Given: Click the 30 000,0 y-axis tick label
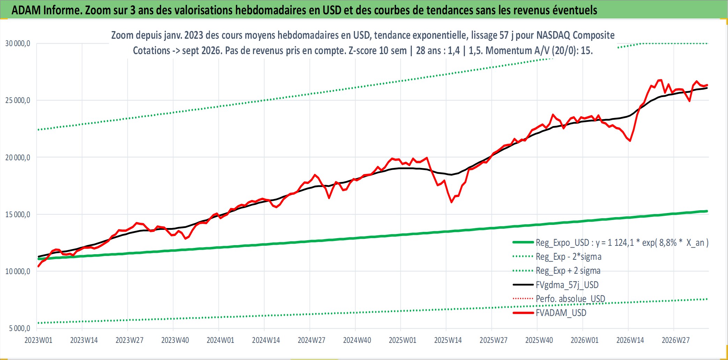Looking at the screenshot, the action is (17, 43).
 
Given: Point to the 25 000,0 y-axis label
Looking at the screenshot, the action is (17, 100).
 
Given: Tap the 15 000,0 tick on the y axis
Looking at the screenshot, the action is (17, 214).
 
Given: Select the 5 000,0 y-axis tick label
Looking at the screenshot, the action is (20, 328).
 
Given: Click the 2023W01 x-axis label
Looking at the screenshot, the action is (38, 340).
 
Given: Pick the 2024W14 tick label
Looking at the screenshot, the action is (266, 340).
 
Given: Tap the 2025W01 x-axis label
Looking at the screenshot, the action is (402, 340).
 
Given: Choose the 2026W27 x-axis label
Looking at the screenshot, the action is (676, 340).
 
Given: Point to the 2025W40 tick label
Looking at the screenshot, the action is (539, 340).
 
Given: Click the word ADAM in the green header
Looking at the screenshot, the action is (27, 10).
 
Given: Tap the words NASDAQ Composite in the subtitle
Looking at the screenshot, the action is (575, 35).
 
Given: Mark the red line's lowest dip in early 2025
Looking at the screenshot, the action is (452, 202).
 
